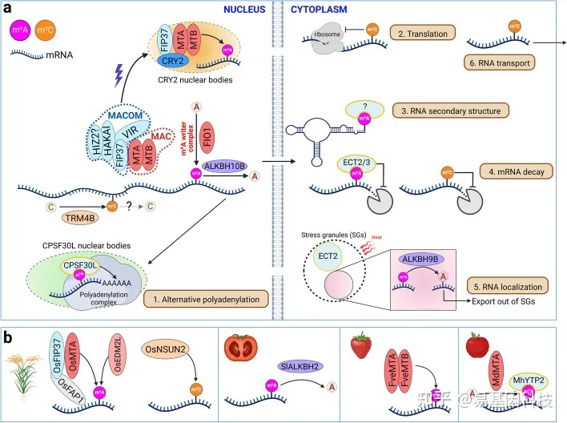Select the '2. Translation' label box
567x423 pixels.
pos(422,34)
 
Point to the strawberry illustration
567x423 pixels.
pos(360,347)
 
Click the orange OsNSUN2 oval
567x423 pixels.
pos(166,349)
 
